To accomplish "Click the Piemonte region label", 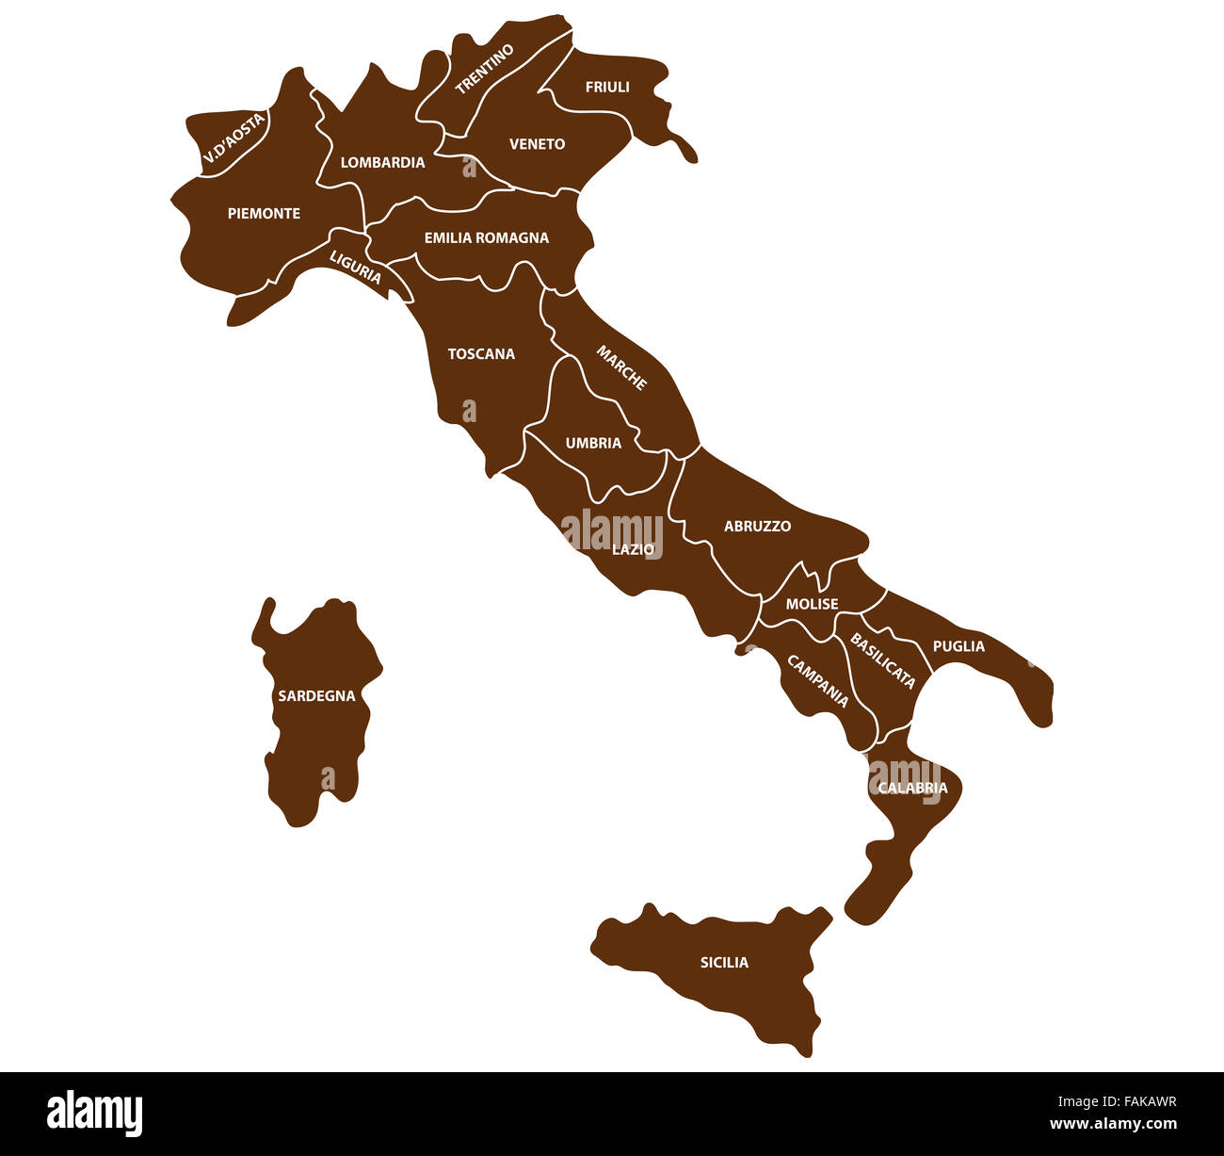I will [264, 214].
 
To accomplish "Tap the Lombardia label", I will [382, 162].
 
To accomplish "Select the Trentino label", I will [485, 69].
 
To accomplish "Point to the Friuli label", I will [607, 87].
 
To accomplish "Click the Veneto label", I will [537, 144].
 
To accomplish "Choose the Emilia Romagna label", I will [486, 237].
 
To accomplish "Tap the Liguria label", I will [355, 267].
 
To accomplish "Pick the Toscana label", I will [481, 354].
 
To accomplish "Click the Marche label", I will [621, 367].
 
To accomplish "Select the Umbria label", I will [593, 443].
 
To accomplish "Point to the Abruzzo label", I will [757, 527].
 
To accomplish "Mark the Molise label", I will [812, 604].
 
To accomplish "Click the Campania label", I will [817, 681].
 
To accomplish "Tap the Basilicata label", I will [882, 660].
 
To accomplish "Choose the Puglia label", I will [958, 646].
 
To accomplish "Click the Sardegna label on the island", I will [316, 696].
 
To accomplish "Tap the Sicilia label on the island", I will [724, 962].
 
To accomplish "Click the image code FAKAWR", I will [1145, 1101].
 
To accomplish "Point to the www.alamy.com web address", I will [1113, 1124].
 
